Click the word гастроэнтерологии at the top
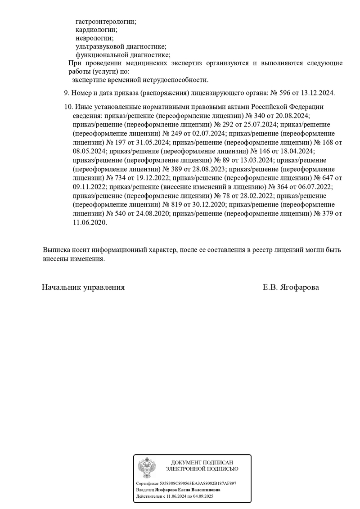(106, 21)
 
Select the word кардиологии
(97, 30)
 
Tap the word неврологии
(94, 38)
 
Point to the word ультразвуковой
(98, 46)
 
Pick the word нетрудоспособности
(178, 80)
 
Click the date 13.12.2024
(318, 93)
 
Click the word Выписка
(57, 250)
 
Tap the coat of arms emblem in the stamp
(147, 468)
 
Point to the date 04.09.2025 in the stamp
(202, 496)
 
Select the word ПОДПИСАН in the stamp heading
(218, 463)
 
